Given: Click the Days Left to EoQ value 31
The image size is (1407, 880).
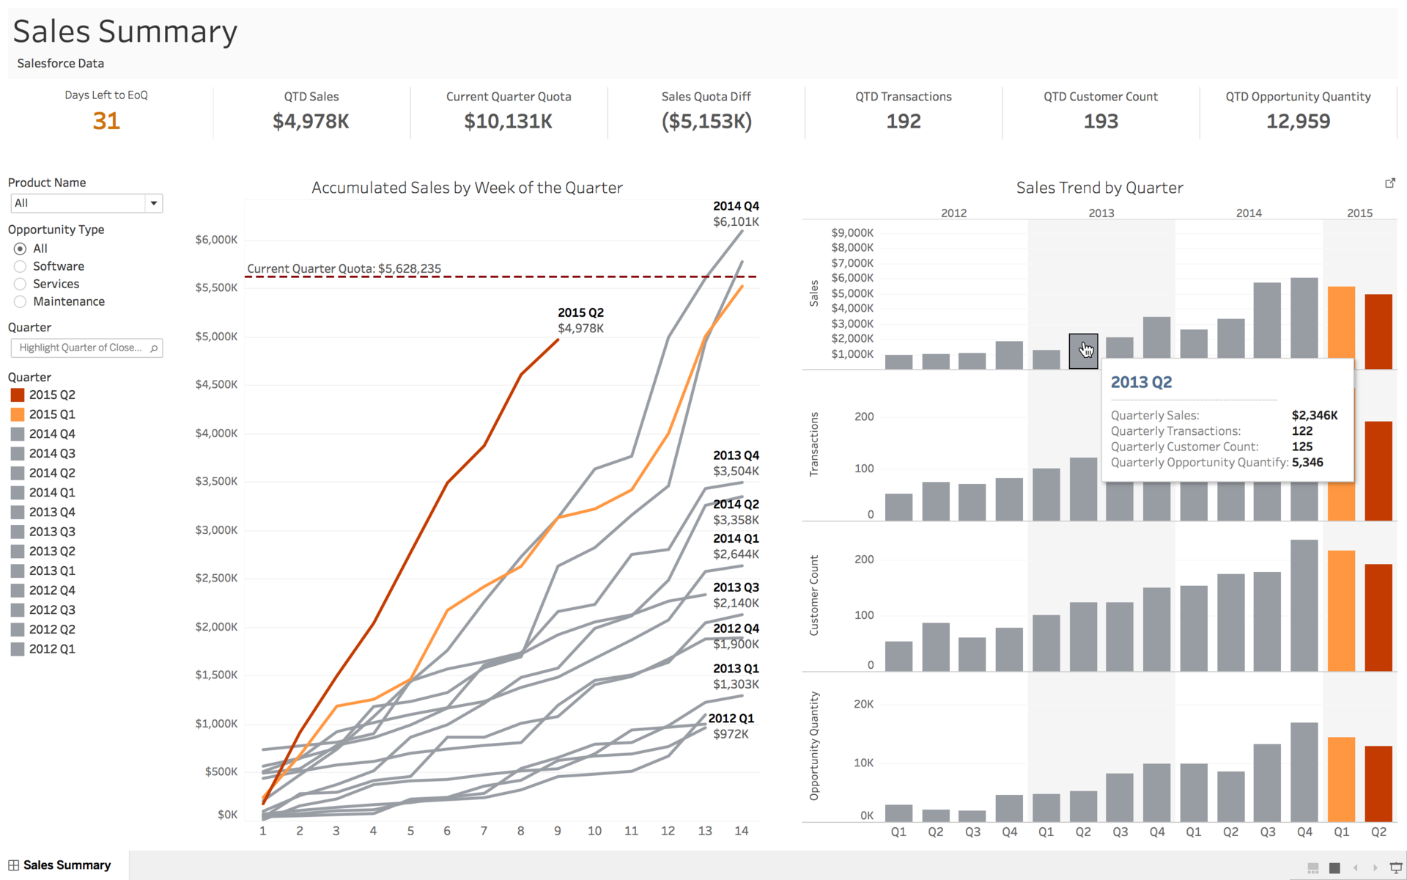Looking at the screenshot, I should click(x=106, y=121).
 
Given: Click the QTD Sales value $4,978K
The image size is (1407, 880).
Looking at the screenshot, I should click(x=311, y=121).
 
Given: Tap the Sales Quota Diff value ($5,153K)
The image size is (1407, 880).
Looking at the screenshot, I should click(x=706, y=121).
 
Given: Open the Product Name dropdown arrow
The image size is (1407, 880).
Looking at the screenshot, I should click(x=153, y=203).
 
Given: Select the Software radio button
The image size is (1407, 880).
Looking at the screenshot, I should click(x=21, y=266).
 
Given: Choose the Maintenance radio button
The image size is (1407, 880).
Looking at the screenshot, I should click(x=21, y=301).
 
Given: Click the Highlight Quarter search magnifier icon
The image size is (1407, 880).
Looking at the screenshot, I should click(x=154, y=348).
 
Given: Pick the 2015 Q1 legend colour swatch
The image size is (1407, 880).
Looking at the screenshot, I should click(x=18, y=414).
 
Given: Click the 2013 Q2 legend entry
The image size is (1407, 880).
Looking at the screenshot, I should click(x=51, y=551).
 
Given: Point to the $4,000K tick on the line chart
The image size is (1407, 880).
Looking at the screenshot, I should click(x=216, y=433).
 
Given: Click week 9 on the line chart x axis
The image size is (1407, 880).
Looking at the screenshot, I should click(x=558, y=831).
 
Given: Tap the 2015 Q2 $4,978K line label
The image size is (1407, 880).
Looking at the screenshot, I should click(x=580, y=320).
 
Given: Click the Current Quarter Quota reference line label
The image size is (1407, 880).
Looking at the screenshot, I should click(x=344, y=268).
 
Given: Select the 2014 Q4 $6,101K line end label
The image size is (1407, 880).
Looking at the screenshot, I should click(x=736, y=214).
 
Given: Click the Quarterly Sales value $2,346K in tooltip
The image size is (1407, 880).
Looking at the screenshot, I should click(x=1314, y=415).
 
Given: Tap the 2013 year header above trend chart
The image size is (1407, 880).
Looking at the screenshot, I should click(x=1101, y=213).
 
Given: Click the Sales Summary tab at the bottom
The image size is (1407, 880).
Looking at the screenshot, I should click(x=66, y=865).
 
